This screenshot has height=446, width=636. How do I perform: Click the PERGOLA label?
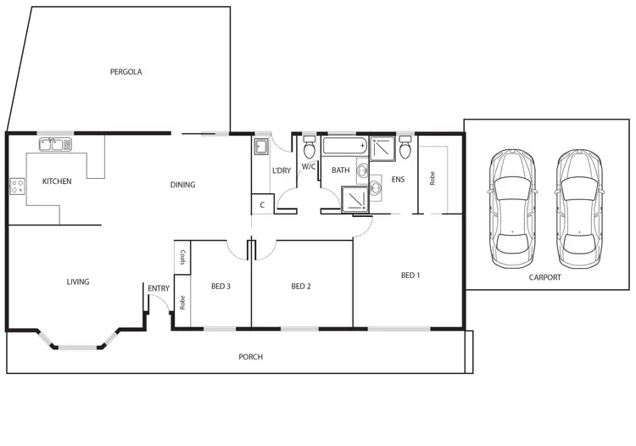click(x=126, y=72)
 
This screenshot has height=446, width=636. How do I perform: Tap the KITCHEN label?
click(x=57, y=181)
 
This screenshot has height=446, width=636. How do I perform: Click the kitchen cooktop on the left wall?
click(x=16, y=186)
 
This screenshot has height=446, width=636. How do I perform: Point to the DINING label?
click(x=182, y=185)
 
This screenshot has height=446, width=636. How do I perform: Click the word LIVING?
click(x=78, y=282)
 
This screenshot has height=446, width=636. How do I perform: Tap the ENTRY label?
click(x=159, y=288)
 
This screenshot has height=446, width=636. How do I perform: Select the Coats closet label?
click(x=181, y=257)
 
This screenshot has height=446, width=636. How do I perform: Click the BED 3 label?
click(x=220, y=287)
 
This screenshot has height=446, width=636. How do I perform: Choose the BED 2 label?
click(x=301, y=287)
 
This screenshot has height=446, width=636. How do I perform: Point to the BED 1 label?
click(x=410, y=275)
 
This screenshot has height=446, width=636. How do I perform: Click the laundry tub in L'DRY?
click(x=260, y=148)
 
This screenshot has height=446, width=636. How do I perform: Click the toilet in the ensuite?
click(x=405, y=148)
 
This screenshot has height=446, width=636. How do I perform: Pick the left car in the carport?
click(x=511, y=204)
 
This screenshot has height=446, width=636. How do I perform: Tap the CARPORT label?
click(x=544, y=277)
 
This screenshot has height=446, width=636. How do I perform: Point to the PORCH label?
click(x=250, y=357)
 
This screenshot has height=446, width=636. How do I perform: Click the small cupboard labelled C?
click(x=262, y=204)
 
